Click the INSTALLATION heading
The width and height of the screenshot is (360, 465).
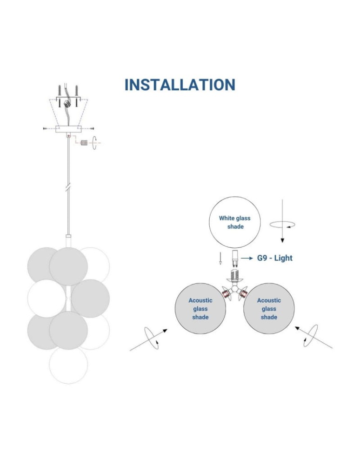[x=180, y=85]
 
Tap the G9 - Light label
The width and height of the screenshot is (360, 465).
[x=275, y=258]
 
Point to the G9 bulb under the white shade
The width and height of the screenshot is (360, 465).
[x=234, y=258]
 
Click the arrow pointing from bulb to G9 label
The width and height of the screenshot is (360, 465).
[x=247, y=258]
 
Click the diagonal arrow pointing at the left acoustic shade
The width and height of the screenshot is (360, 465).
[x=149, y=339]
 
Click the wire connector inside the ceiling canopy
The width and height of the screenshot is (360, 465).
[x=67, y=103]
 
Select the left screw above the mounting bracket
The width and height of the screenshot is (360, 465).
[x=60, y=91]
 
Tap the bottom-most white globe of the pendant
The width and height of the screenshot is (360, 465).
[x=68, y=365]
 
